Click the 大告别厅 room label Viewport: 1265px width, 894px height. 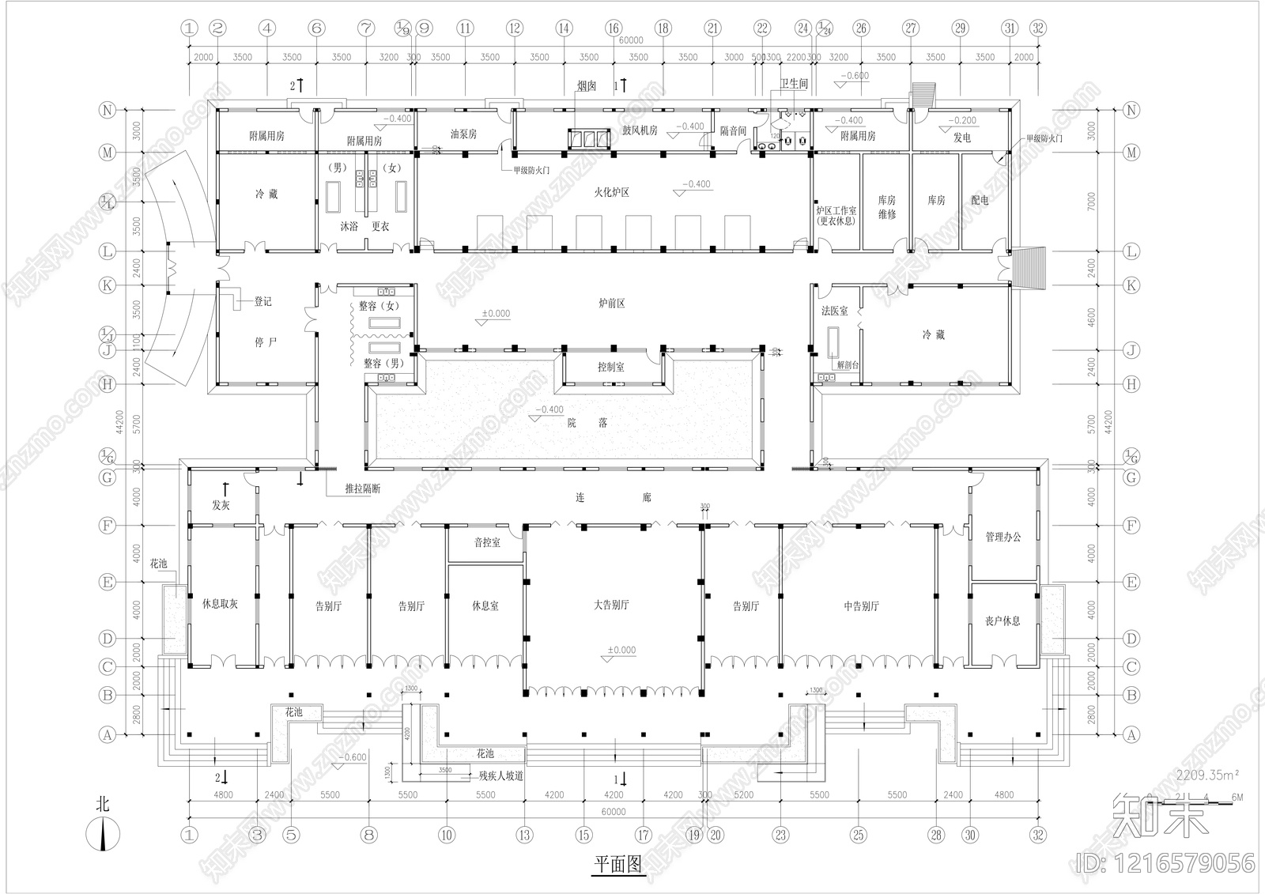611,605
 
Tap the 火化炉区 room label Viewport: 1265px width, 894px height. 612,192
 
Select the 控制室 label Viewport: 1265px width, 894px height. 611,367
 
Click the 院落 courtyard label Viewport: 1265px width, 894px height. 587,423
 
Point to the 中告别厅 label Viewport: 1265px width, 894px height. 861,606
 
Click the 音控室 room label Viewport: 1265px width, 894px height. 487,543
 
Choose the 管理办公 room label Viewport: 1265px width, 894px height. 1003,538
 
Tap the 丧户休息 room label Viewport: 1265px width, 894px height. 1003,621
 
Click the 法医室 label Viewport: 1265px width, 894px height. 834,311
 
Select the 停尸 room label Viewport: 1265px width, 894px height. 266,343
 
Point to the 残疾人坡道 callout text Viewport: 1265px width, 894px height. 501,776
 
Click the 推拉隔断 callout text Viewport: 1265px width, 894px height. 363,489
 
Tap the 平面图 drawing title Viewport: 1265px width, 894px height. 618,865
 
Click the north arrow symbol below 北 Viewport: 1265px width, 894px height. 103,835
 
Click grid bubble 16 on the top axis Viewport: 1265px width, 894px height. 614,28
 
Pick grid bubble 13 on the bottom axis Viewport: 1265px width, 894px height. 525,835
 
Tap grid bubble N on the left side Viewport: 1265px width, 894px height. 108,110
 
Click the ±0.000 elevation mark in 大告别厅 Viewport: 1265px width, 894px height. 621,651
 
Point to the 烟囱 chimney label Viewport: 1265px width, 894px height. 586,86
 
